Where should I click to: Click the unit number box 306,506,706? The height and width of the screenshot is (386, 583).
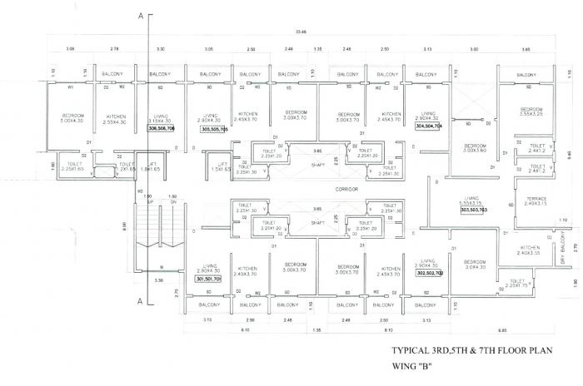[161, 129]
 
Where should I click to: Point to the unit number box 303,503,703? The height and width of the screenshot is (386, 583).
[473, 210]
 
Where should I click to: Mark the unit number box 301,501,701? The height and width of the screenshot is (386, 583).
[208, 280]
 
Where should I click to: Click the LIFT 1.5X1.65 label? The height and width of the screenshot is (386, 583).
[221, 166]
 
